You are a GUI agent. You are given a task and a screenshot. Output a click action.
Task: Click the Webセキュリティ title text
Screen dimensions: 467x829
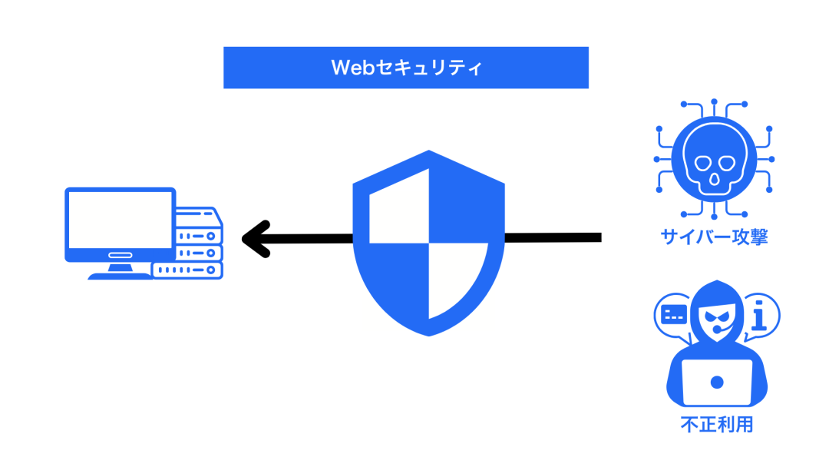coord(406,68)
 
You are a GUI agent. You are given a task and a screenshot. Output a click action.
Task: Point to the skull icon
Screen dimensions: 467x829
coord(713,160)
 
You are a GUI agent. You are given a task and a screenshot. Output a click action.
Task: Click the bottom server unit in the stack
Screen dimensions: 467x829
coord(188,270)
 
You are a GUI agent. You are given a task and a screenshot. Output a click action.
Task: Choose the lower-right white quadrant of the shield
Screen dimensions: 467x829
coord(456,277)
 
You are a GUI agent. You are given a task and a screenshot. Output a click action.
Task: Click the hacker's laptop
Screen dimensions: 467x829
coord(717,383)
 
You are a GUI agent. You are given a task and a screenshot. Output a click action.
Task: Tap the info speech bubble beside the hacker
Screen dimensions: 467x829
coord(759,316)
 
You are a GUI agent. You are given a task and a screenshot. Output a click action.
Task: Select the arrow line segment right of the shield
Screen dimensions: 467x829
coord(553,238)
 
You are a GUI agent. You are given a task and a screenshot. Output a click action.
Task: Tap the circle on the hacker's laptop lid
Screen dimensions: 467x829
coord(717,382)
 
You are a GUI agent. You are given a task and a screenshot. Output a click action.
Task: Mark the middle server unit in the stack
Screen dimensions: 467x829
coord(198,252)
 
